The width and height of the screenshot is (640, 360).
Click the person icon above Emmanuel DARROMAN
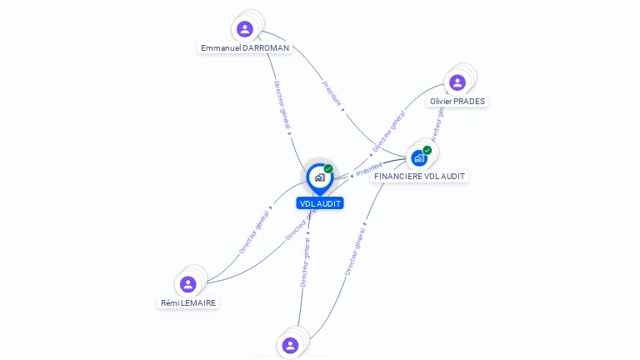coord(245,29)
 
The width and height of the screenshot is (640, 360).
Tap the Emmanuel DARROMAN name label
coord(245,48)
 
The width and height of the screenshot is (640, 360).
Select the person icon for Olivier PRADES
coord(457,82)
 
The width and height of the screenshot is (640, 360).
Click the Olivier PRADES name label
coord(457,102)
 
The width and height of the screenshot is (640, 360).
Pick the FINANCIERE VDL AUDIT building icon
coord(419,157)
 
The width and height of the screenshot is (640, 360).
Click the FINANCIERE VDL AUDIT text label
coord(419,177)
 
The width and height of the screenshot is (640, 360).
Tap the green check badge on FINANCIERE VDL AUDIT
coord(427,150)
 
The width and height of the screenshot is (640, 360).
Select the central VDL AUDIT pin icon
coord(319,177)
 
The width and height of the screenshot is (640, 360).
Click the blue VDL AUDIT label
coord(320,203)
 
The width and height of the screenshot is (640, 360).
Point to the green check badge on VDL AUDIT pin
coord(328,168)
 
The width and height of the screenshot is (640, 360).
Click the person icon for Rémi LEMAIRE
coord(188,284)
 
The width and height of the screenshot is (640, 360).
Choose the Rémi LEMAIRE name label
coord(188,303)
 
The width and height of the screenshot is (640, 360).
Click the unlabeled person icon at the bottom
coord(290,345)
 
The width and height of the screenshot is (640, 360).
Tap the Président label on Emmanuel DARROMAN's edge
coord(332,93)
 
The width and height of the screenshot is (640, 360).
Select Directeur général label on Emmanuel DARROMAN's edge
coord(282,106)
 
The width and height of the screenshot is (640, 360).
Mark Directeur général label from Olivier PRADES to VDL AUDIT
coord(388,132)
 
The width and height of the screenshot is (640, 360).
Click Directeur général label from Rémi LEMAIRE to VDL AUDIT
coord(255,232)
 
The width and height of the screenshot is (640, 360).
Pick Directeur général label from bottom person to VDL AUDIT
coord(305,262)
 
